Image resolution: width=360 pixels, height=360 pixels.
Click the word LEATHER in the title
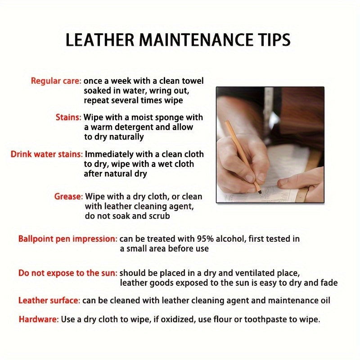tap(99, 40)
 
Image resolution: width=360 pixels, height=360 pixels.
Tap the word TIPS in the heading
tap(274, 40)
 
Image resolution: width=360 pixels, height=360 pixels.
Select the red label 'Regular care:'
tap(56, 81)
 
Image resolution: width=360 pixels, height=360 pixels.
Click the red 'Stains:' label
tap(68, 117)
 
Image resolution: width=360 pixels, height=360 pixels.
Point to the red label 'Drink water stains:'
tap(47, 154)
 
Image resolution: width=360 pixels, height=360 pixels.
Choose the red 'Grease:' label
tap(68, 197)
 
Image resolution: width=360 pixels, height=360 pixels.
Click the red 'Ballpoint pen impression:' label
tap(68, 239)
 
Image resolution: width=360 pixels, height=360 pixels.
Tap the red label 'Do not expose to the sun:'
tap(68, 273)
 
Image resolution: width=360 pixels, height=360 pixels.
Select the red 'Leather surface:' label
tap(49, 300)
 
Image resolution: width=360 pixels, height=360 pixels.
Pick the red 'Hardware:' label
tap(39, 319)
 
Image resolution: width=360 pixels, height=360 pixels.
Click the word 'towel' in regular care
tap(193, 81)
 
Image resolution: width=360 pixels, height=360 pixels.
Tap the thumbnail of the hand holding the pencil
tap(270, 145)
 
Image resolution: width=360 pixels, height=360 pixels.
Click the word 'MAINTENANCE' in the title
tap(196, 40)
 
